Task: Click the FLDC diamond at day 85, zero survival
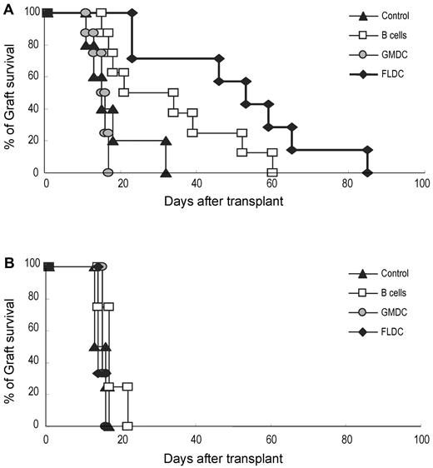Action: click(x=366, y=172)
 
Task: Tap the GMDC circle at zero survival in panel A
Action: click(x=107, y=172)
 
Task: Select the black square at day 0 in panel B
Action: click(x=48, y=266)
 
